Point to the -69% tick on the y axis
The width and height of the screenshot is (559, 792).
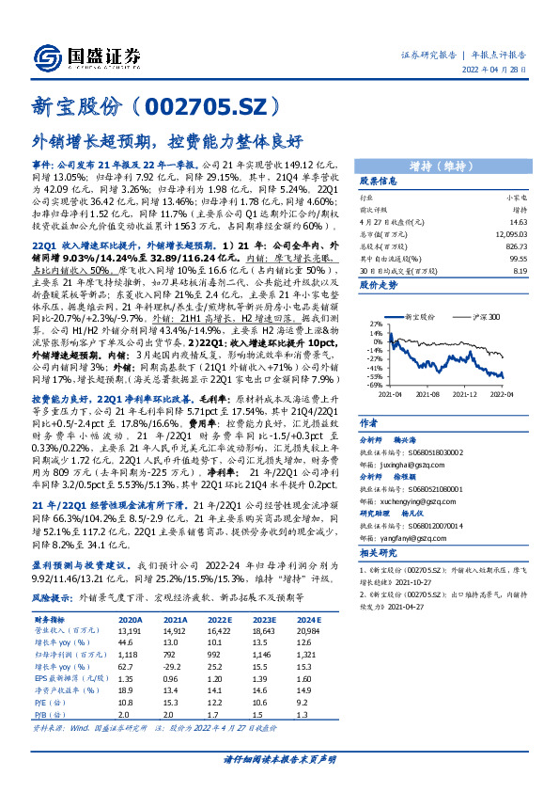point(373,385)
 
